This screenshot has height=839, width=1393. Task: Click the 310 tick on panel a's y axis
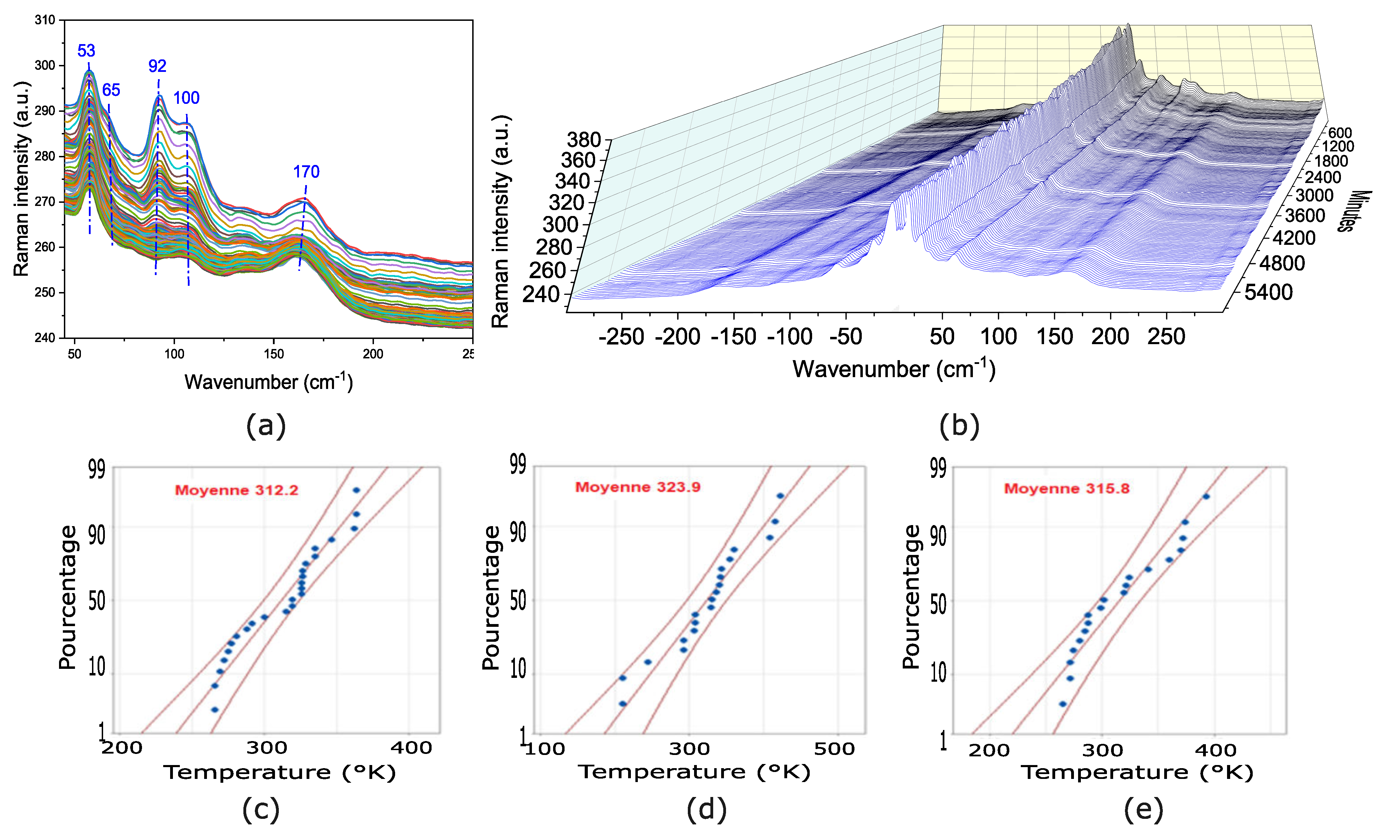(x=45, y=20)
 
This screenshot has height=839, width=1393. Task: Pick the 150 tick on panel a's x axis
(x=274, y=354)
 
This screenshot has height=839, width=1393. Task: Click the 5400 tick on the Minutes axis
(x=1268, y=292)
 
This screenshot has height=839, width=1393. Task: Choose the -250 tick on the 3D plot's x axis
(x=621, y=337)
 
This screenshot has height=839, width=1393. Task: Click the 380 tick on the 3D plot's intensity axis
(x=584, y=140)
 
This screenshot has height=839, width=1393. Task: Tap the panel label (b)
(x=959, y=425)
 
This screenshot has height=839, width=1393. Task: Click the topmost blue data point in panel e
(x=1206, y=496)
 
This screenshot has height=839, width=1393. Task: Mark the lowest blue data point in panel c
(x=215, y=709)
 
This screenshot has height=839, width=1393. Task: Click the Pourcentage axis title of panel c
(x=67, y=598)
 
